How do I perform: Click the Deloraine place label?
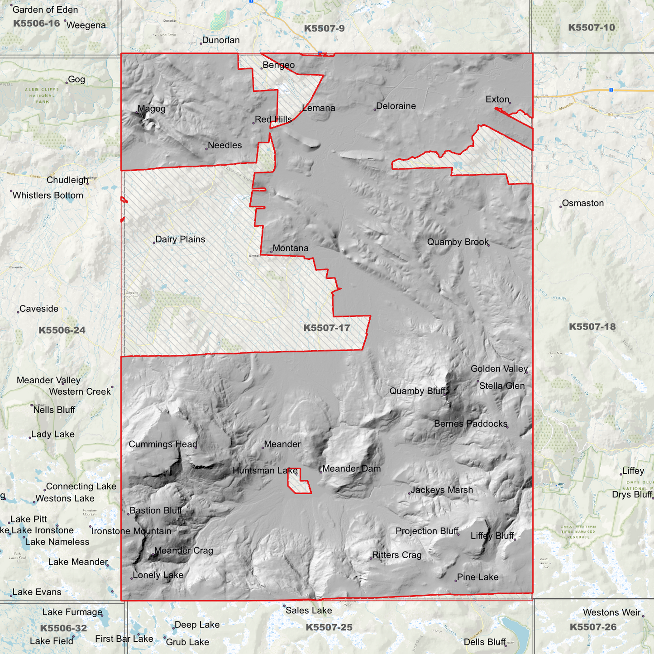pos(396,106)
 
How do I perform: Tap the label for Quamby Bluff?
pos(417,391)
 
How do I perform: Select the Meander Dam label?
pos(351,469)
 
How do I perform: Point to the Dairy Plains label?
pos(180,239)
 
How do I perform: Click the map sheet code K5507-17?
pos(326,328)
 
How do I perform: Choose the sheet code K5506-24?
pos(62,330)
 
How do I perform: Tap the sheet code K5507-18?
pos(592,327)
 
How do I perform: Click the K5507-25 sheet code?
pos(329,627)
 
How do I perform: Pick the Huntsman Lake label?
pos(265,471)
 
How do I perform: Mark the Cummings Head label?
pos(163,444)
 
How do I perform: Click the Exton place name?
pos(497,100)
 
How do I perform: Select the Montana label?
pos(290,248)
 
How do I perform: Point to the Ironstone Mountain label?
pos(131,531)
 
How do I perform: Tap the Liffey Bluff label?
pos(492,536)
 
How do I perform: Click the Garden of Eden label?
pos(45,10)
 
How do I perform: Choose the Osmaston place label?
pos(583,203)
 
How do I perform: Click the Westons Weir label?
pos(612,613)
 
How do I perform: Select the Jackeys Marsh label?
pos(442,490)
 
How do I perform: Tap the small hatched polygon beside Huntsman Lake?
pos(300,482)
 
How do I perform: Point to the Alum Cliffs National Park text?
pos(42,95)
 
